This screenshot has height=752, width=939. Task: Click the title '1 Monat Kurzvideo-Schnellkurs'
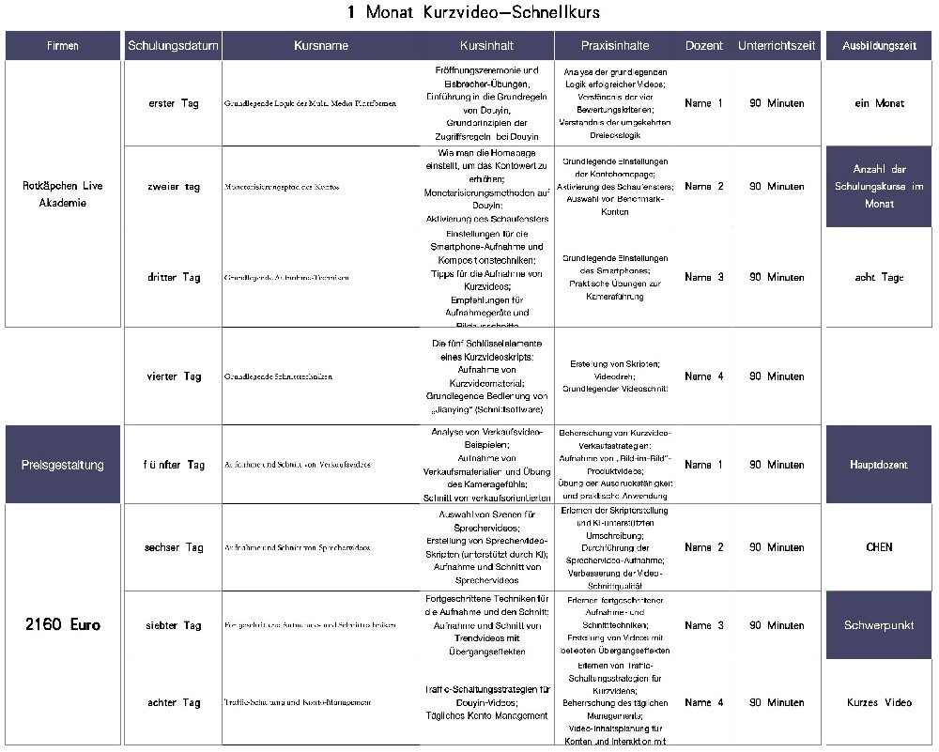[472, 12]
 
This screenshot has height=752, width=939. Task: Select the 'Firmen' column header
[63, 46]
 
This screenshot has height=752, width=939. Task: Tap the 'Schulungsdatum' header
[173, 46]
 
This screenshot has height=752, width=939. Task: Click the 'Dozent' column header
[704, 46]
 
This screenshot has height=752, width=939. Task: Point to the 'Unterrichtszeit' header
[777, 46]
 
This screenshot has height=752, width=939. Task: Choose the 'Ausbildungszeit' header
[879, 46]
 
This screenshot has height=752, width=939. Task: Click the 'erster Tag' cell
[174, 103]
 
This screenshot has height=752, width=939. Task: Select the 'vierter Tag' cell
[174, 376]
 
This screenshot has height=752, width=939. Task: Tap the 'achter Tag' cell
[174, 702]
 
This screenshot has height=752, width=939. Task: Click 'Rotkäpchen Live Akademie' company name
[63, 194]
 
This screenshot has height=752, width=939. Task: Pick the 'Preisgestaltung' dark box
[63, 465]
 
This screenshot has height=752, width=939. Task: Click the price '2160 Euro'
[63, 625]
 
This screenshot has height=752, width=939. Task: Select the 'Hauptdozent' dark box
[879, 465]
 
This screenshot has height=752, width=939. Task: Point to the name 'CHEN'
[879, 547]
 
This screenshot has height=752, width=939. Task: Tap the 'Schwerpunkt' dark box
[879, 625]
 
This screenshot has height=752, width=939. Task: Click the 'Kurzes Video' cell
[879, 702]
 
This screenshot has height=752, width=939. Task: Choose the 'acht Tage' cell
[879, 278]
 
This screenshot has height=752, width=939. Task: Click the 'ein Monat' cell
[879, 103]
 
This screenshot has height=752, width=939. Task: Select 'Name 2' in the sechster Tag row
[704, 547]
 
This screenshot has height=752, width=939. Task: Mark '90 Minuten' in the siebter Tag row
[777, 625]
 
